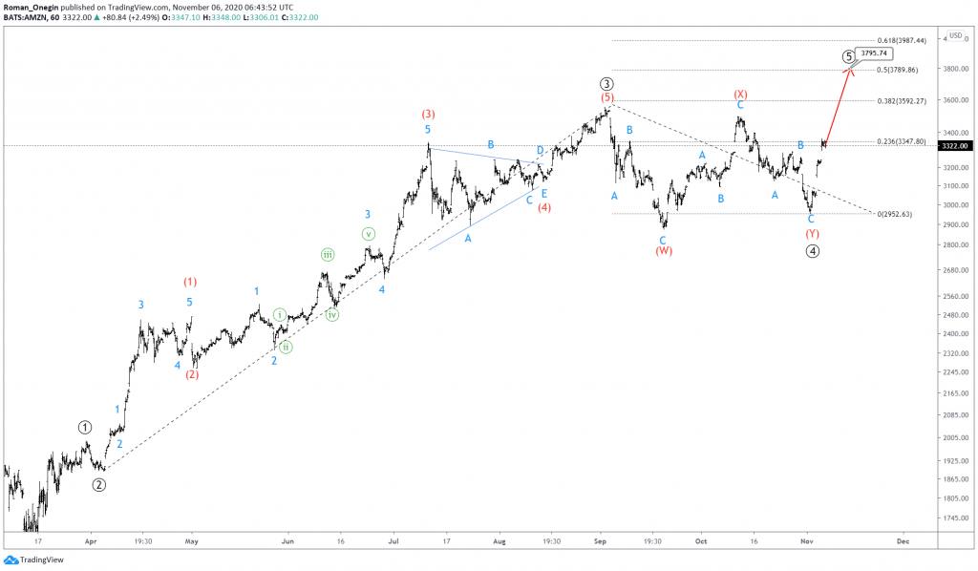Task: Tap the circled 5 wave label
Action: tap(848, 56)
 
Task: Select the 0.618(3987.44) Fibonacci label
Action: tap(902, 40)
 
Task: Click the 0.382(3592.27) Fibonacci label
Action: tap(902, 100)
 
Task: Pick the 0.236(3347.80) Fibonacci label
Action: tap(902, 141)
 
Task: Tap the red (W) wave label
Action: tap(664, 251)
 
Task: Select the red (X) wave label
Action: tap(740, 94)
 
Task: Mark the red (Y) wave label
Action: tap(812, 234)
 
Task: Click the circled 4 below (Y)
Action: tap(812, 251)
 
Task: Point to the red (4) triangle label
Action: tap(543, 206)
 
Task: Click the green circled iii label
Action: tap(328, 254)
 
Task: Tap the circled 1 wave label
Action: tap(85, 427)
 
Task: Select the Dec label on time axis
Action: tap(903, 539)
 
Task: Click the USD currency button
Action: tap(955, 35)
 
